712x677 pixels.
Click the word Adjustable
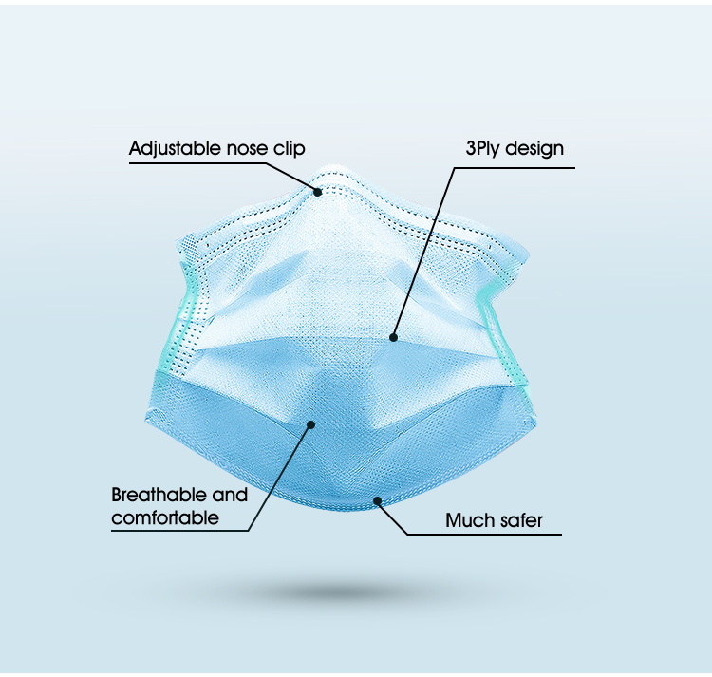point(176,149)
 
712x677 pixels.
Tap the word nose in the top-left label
point(247,149)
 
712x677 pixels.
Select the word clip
point(289,149)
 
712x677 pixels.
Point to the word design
point(534,149)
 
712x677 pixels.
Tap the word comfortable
point(165,517)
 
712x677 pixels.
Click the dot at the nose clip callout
point(318,192)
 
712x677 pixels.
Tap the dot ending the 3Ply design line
point(394,337)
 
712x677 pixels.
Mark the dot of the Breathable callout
point(311,424)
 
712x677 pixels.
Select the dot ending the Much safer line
point(377,500)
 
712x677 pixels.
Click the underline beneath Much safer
point(484,534)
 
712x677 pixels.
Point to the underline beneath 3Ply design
point(515,168)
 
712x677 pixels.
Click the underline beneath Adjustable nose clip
point(196,162)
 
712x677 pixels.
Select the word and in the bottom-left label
point(230,495)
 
